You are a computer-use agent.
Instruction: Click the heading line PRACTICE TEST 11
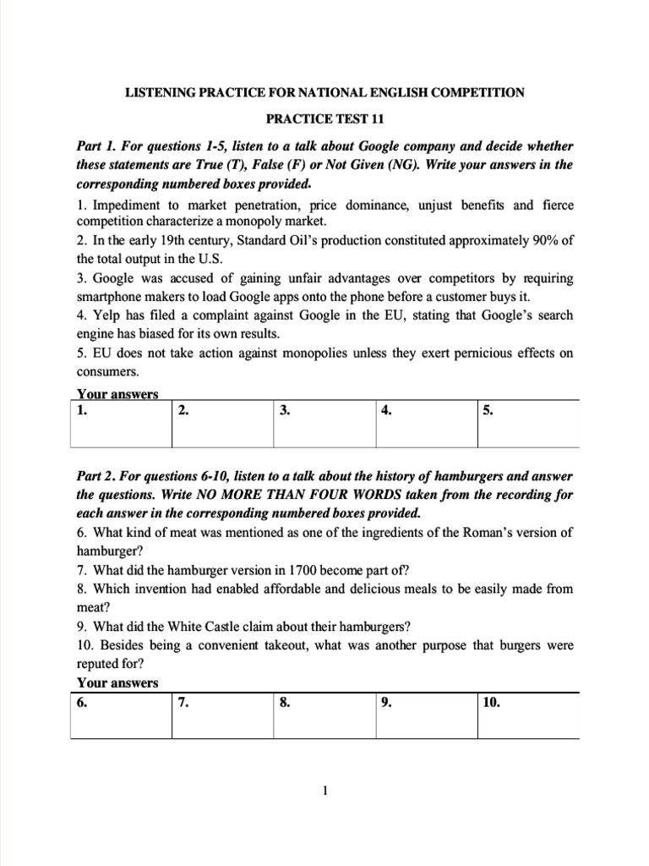(x=324, y=121)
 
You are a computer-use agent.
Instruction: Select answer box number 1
(x=121, y=424)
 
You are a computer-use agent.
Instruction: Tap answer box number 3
(x=324, y=424)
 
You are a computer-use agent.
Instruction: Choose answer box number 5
(x=528, y=424)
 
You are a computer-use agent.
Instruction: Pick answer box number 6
(x=121, y=715)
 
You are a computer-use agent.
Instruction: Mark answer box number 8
(x=324, y=715)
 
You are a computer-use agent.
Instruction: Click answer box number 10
(x=528, y=715)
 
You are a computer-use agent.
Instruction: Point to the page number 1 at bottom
(x=324, y=792)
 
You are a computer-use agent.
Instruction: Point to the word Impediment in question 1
(x=127, y=205)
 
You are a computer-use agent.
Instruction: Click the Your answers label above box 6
(x=117, y=682)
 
